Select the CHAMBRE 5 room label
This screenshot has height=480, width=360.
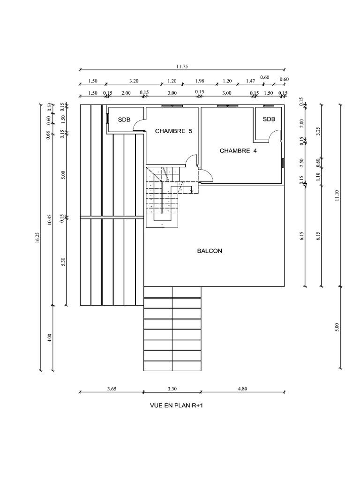click(173, 131)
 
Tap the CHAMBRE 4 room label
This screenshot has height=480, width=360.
click(238, 151)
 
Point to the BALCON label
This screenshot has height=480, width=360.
click(210, 251)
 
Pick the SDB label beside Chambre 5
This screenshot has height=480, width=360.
click(124, 120)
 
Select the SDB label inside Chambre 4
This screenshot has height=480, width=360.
click(269, 119)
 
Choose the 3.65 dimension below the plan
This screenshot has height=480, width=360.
click(112, 388)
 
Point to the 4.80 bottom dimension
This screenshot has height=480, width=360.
click(242, 388)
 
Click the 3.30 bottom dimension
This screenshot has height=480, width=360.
click(172, 388)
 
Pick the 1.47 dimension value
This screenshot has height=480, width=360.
click(250, 81)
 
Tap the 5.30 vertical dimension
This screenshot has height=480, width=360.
click(63, 262)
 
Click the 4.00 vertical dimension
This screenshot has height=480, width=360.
click(50, 338)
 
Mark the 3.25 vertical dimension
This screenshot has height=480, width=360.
click(318, 131)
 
